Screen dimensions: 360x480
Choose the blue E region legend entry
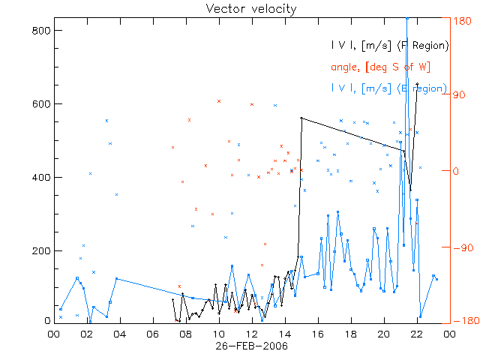(390, 88)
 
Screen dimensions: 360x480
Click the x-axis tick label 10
(219, 334)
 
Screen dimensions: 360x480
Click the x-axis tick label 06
(153, 334)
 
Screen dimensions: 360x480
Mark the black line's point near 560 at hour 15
(301, 118)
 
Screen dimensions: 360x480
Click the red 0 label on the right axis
(455, 171)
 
